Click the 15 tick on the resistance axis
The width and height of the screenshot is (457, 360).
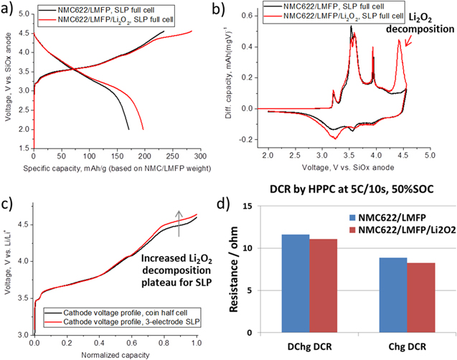[x=266, y=207]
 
